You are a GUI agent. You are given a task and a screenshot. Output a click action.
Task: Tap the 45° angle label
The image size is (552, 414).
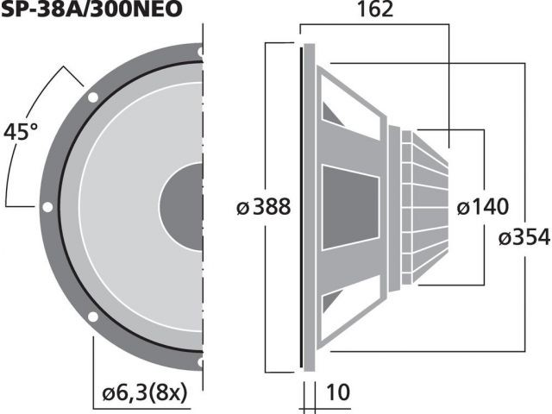pos(22,133)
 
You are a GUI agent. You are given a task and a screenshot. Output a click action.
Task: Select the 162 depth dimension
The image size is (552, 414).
pos(374,10)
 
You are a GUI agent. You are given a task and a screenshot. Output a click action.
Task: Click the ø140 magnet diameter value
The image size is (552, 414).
pos(482,207)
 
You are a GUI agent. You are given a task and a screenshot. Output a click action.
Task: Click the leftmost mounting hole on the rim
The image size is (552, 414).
pos(47,207)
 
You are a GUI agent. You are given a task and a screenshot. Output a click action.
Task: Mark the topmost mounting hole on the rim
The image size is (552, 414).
pos(200,53)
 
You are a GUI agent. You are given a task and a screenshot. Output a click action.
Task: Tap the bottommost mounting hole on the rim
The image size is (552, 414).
pos(200,362)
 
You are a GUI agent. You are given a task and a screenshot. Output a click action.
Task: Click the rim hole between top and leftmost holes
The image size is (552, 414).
pos(91,97)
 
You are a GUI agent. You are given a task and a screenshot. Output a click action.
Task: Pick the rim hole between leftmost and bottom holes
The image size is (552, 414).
pos(91,317)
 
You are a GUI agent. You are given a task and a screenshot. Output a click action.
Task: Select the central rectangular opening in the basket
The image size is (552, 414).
pos(349,207)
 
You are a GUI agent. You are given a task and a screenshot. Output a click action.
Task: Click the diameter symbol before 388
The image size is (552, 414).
pos(242,208)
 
